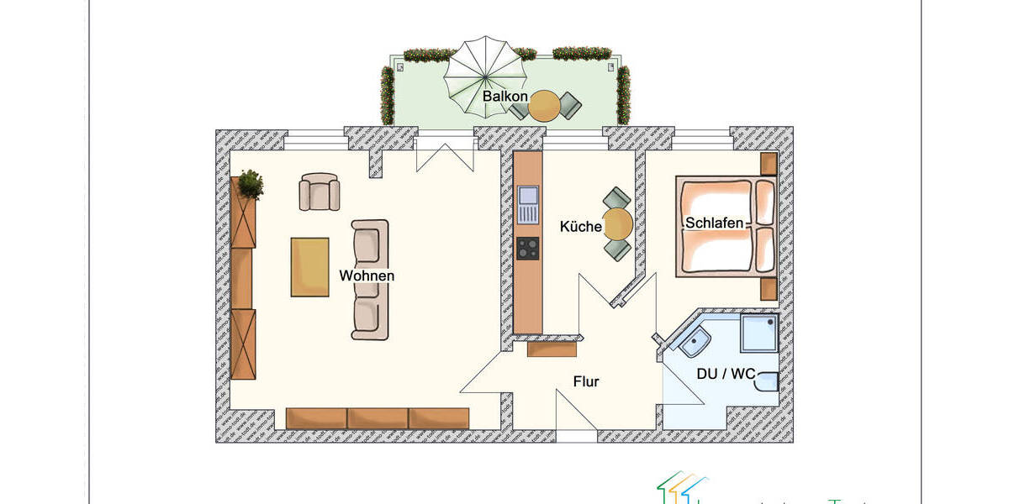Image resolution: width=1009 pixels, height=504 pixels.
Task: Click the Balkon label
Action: click(x=504, y=97)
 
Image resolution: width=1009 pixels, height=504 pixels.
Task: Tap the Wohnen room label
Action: click(x=367, y=276)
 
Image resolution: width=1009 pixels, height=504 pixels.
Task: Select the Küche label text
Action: click(x=581, y=227)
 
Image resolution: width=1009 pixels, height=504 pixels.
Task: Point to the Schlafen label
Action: click(x=715, y=223)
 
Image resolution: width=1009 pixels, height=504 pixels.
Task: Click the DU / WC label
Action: click(x=726, y=373)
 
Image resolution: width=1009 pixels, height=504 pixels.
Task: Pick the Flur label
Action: click(x=586, y=381)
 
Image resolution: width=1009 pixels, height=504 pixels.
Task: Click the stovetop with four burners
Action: click(x=528, y=248)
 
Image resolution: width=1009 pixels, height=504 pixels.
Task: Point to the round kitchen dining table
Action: click(x=619, y=224)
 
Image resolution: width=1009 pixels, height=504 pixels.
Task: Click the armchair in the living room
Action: click(x=320, y=192)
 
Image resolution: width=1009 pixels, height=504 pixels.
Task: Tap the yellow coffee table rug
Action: click(x=309, y=267)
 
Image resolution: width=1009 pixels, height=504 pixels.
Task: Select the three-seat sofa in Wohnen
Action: click(x=370, y=280)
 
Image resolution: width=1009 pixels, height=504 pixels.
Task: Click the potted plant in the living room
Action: click(x=250, y=183)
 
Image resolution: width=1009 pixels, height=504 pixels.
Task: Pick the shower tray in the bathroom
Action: click(x=759, y=333)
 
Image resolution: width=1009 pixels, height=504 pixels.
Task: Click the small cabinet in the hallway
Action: click(x=552, y=349)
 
